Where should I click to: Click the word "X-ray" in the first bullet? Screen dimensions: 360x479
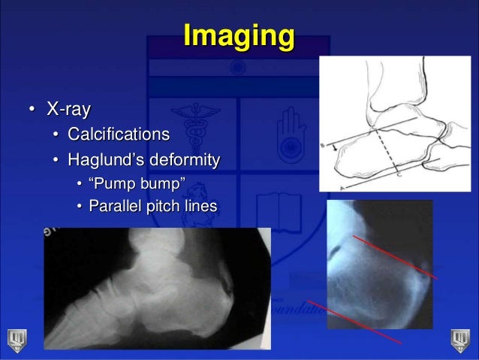69,110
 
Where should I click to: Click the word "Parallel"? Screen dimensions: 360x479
117,206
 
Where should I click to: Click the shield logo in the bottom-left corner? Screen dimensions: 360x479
15,338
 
